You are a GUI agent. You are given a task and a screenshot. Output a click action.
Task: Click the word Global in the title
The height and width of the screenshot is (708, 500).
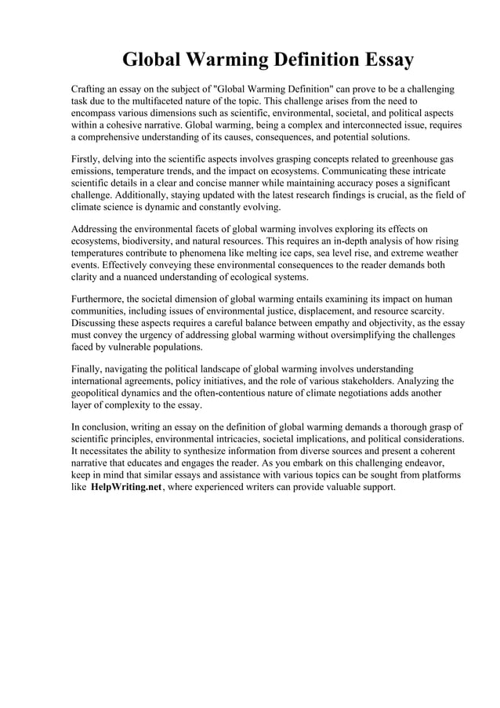click(156, 60)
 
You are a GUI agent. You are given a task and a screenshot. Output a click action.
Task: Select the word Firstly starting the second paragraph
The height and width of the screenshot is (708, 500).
click(87, 159)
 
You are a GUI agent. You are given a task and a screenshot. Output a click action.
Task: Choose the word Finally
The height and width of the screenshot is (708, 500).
click(88, 369)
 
